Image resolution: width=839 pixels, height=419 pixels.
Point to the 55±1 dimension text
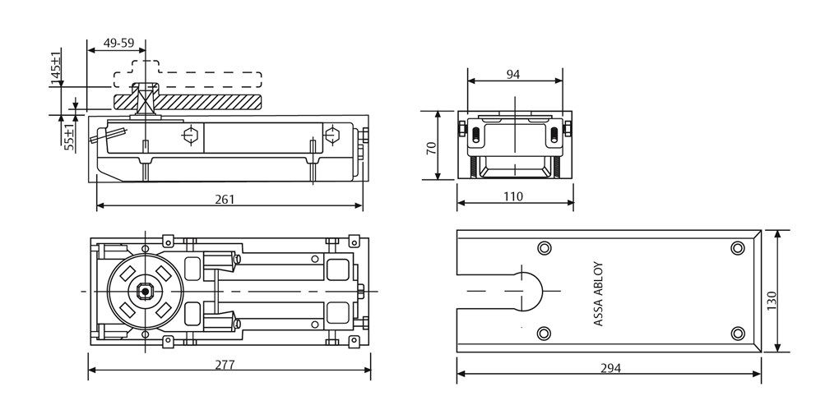click(x=70, y=133)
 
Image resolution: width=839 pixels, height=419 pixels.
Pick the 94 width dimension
click(x=512, y=74)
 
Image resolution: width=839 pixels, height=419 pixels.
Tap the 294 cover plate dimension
click(x=610, y=367)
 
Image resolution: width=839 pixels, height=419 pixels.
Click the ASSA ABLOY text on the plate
click(x=598, y=294)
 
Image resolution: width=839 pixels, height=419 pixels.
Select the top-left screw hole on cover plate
click(x=543, y=248)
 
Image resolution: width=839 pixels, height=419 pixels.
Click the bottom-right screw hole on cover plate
click(x=737, y=333)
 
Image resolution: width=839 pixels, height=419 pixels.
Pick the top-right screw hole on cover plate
click(x=737, y=248)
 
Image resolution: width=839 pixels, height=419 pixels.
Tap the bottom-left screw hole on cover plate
click(x=543, y=333)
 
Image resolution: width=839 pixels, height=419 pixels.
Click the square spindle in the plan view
click(x=145, y=292)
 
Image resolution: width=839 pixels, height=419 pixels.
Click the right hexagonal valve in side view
click(x=332, y=135)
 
